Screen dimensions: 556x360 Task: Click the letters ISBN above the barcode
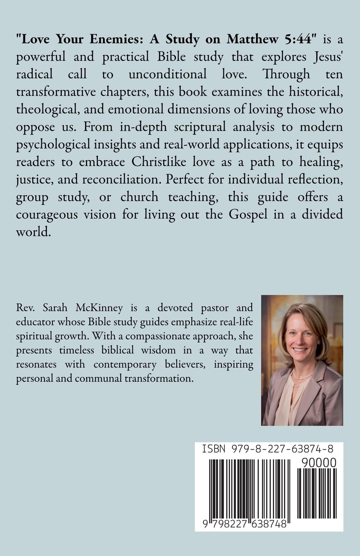click(x=213, y=449)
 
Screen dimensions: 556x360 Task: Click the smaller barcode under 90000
click(x=316, y=493)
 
